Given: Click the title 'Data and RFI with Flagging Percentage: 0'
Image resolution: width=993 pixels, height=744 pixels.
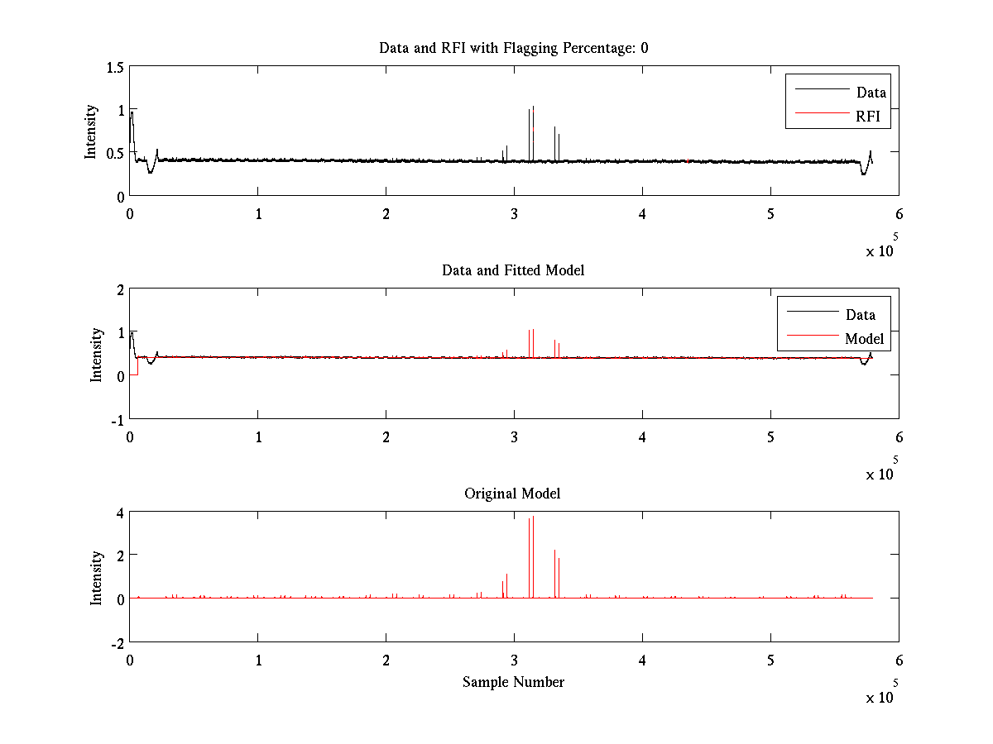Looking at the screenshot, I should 513,48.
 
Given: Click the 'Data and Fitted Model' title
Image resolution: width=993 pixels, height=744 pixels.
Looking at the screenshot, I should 513,270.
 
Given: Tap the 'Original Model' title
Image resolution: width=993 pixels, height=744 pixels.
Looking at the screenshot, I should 512,494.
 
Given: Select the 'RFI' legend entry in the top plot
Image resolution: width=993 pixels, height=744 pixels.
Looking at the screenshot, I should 873,117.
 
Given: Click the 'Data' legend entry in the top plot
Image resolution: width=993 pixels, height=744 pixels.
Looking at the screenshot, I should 871,93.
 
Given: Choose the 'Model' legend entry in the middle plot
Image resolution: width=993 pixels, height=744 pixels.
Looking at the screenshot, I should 864,338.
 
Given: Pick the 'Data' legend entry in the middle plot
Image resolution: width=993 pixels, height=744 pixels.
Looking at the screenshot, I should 860,314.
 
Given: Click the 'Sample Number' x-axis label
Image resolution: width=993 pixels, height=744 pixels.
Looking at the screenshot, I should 513,682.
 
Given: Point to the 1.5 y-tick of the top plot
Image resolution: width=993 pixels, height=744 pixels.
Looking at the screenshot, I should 114,67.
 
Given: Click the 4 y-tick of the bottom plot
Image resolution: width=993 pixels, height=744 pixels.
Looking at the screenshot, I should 120,513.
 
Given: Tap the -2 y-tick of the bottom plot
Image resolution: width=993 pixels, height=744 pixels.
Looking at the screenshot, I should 117,642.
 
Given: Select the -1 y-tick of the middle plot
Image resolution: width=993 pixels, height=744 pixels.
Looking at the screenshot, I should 117,419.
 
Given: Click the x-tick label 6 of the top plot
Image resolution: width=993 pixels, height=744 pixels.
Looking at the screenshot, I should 899,213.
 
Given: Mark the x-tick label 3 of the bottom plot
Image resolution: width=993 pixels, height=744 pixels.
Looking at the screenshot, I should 514,660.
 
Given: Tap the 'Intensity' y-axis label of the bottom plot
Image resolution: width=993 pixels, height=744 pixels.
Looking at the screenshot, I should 97,577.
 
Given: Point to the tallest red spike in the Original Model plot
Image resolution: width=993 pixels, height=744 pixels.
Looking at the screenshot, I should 534,517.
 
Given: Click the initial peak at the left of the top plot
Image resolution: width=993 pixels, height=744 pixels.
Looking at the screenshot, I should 132,113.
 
